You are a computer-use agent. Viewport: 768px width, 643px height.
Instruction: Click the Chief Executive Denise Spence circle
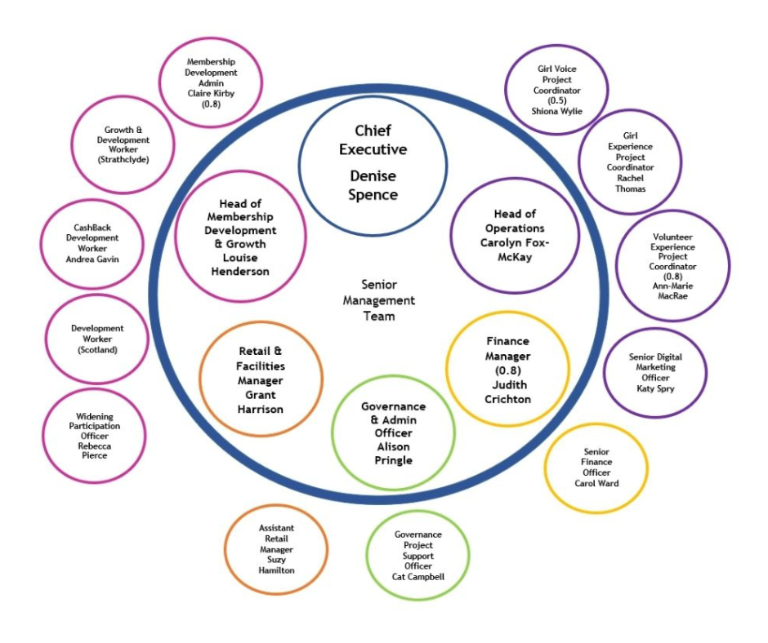click(x=373, y=162)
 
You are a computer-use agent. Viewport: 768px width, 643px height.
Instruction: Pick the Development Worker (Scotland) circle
click(x=97, y=339)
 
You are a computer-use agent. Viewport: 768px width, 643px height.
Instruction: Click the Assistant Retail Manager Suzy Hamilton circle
click(x=276, y=549)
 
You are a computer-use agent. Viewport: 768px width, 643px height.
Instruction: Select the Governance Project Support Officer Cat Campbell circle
click(x=417, y=555)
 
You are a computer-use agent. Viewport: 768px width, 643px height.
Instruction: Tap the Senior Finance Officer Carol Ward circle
click(x=596, y=468)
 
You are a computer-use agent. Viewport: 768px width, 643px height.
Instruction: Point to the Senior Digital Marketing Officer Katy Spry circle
click(x=654, y=373)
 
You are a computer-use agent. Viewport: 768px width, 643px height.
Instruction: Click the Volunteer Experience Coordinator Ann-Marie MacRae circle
click(x=673, y=266)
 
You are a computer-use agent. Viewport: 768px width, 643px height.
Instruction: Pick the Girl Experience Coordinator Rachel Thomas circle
click(x=631, y=162)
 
